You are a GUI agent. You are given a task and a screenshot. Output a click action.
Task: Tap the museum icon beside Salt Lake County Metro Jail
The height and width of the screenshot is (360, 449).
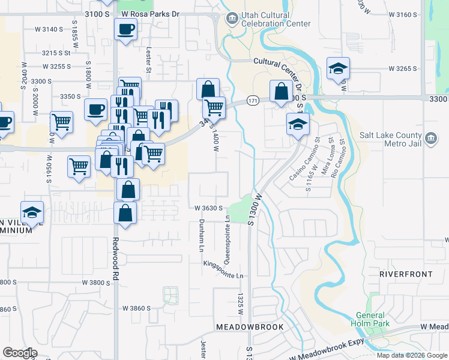(430, 139)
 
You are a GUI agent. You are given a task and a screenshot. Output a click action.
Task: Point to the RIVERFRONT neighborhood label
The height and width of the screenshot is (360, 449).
(405, 274)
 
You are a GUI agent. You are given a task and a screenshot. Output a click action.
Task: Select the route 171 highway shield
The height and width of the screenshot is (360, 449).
(253, 101)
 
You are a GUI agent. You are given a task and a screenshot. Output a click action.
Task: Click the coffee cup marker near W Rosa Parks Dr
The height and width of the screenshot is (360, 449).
(125, 29)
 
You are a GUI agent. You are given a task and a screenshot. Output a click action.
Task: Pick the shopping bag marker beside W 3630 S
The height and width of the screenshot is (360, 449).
(124, 214)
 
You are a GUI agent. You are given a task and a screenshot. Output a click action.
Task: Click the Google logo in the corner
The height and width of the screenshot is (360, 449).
(20, 353)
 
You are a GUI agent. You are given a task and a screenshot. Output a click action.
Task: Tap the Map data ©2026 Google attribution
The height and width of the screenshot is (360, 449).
(412, 355)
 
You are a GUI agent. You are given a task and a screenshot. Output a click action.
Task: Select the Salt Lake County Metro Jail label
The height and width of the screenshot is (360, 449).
(396, 139)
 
